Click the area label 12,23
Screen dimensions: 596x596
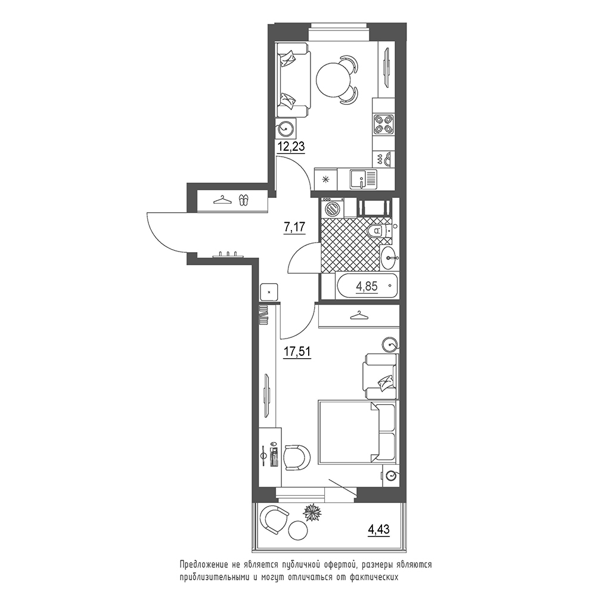click(x=291, y=146)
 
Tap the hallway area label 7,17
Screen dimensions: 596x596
click(x=294, y=227)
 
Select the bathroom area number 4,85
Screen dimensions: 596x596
click(x=367, y=286)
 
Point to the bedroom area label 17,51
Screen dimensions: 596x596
click(x=297, y=352)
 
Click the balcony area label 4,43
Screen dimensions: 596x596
click(x=379, y=529)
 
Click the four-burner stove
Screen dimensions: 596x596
click(x=383, y=125)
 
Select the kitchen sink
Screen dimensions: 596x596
click(x=364, y=179)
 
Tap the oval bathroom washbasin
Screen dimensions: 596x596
click(x=389, y=257)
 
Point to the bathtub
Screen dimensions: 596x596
click(x=367, y=286)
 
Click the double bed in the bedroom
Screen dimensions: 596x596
click(x=356, y=432)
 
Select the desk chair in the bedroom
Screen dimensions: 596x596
click(x=297, y=457)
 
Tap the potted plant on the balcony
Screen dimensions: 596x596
click(x=312, y=513)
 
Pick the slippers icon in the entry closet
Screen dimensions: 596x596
click(x=243, y=200)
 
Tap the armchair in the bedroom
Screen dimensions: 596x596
click(x=380, y=376)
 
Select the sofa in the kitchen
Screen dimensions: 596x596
click(x=293, y=80)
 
